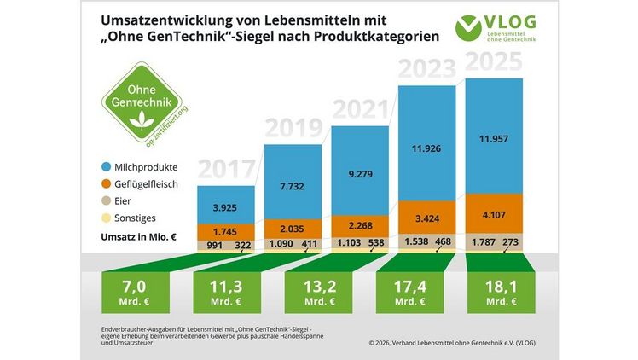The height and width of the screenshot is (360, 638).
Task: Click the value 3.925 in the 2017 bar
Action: (226, 206)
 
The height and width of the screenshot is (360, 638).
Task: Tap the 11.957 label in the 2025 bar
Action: (496, 139)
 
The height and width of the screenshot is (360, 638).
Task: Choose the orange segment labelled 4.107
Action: (496, 214)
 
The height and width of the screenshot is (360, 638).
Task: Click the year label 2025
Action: (497, 64)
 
